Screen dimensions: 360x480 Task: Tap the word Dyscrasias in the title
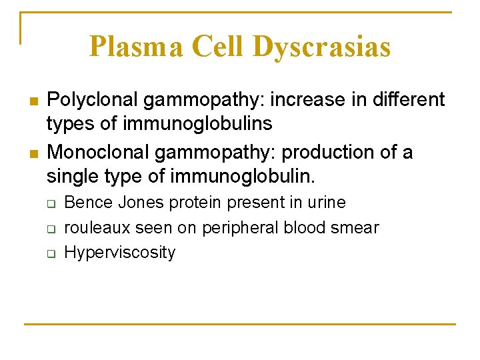point(322,47)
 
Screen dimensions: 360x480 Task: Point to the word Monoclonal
point(99,153)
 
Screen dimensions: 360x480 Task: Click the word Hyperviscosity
point(120,253)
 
